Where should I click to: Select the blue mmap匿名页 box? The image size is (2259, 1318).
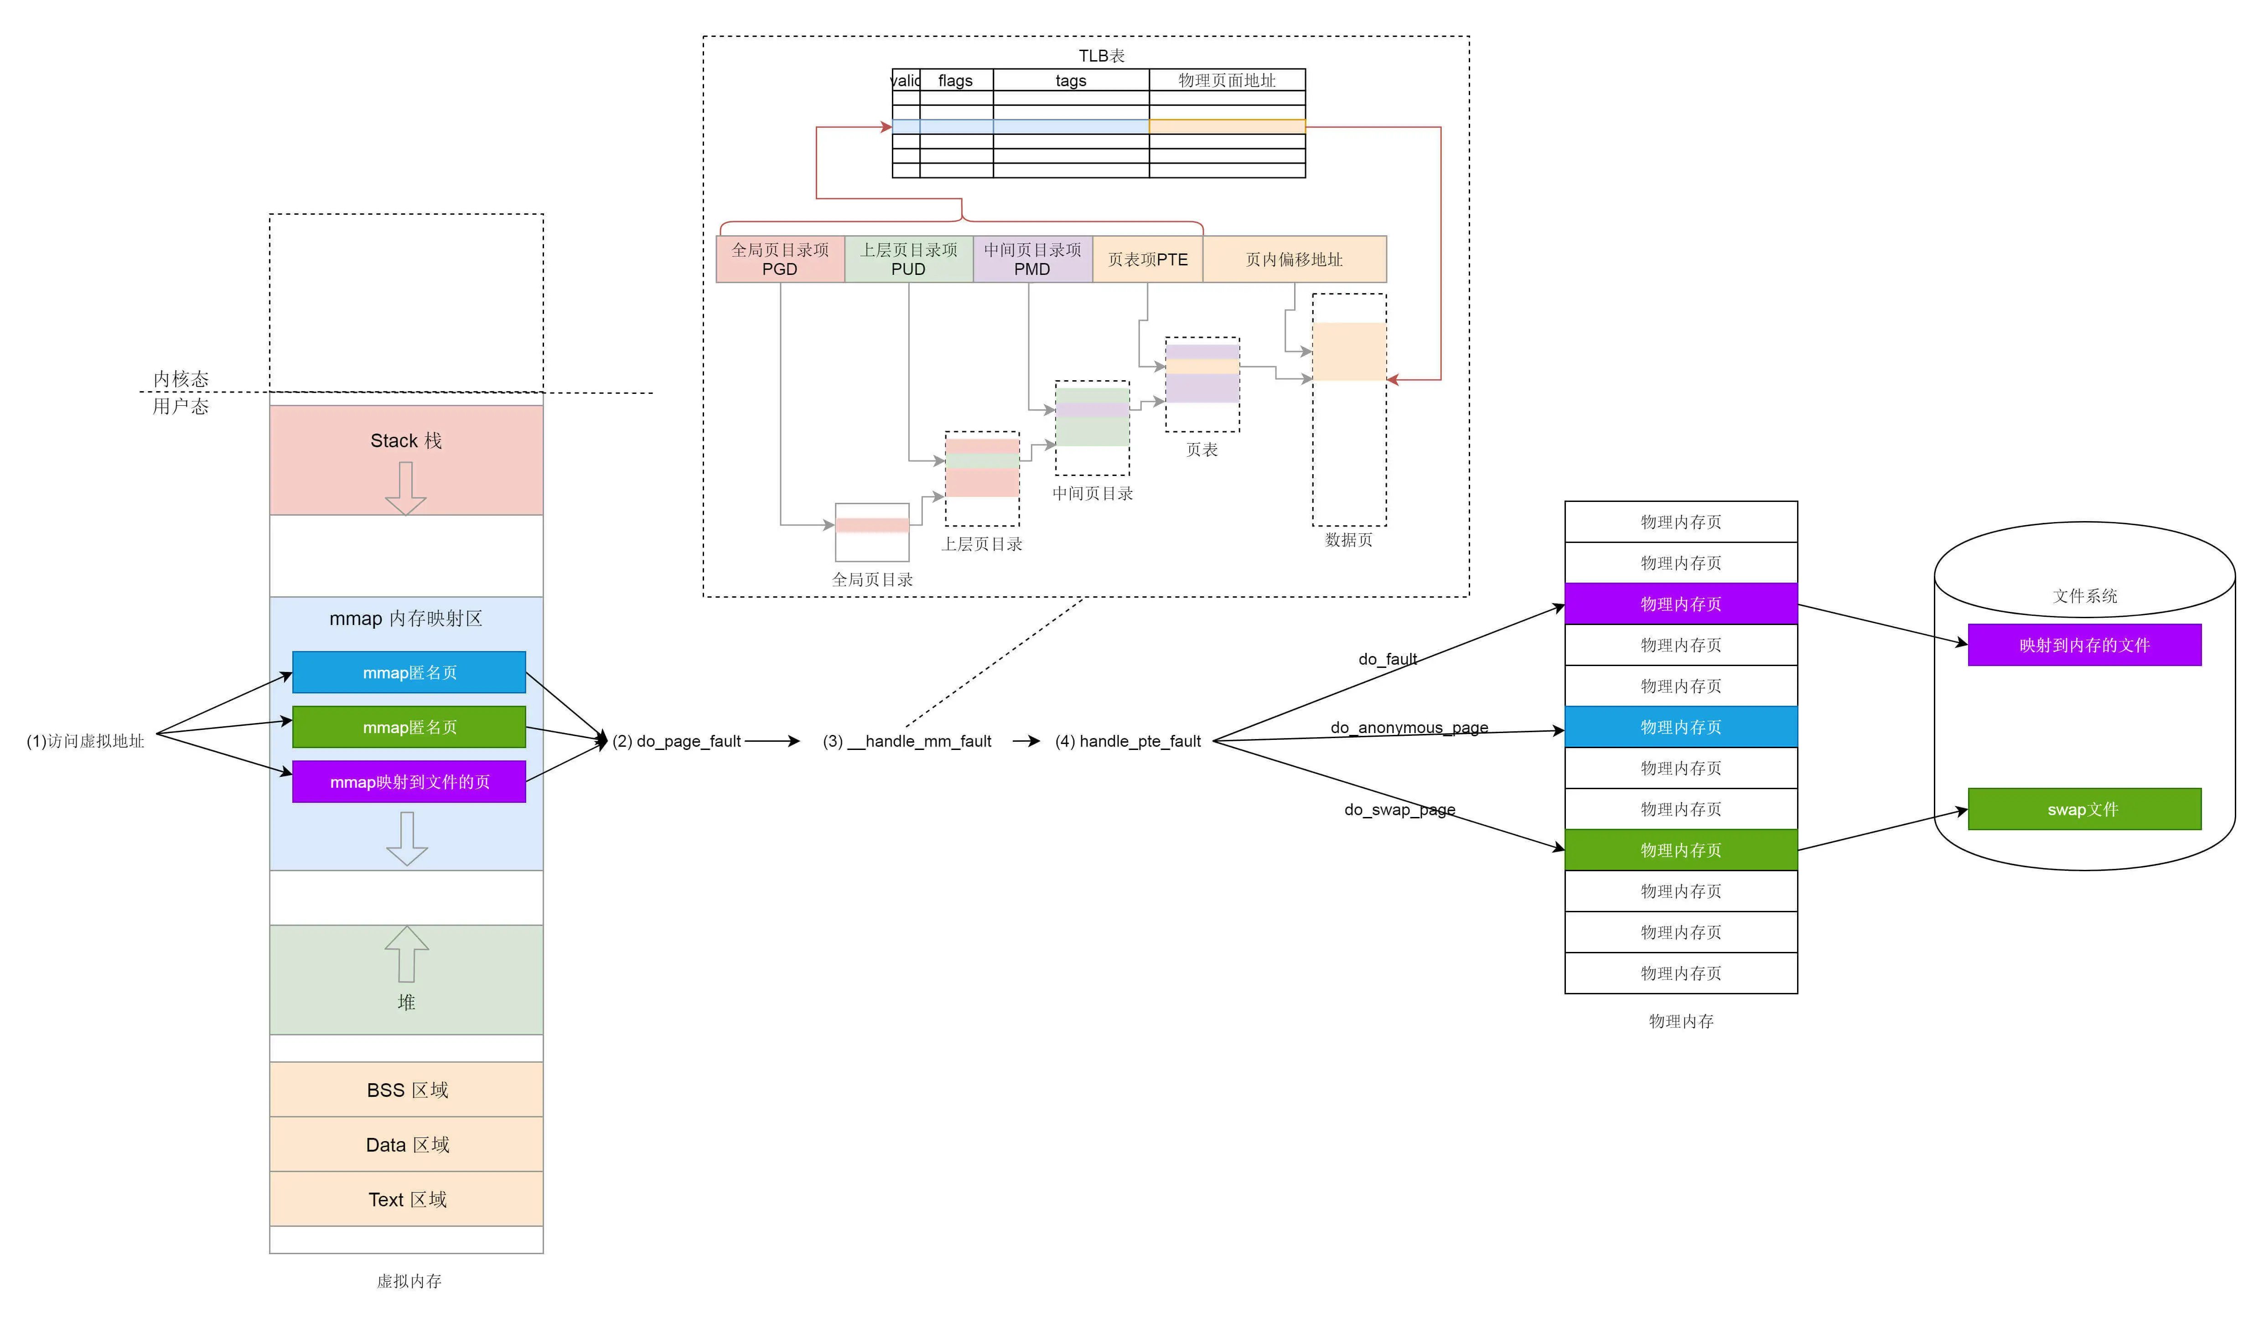pyautogui.click(x=409, y=672)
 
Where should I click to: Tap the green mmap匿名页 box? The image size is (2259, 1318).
pyautogui.click(x=409, y=727)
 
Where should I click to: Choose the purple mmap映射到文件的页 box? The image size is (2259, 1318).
pyautogui.click(x=409, y=781)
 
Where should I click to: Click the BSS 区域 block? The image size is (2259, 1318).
pyautogui.click(x=406, y=1090)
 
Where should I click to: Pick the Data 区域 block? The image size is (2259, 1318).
pyautogui.click(x=406, y=1144)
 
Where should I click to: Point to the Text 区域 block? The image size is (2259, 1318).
pyautogui.click(x=406, y=1199)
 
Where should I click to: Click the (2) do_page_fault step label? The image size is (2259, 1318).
pyautogui.click(x=677, y=741)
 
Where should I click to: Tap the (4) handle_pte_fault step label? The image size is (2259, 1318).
pyautogui.click(x=1128, y=741)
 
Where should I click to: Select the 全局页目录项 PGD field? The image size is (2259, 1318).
pyautogui.click(x=780, y=259)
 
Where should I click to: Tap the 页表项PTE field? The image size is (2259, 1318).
pyautogui.click(x=1147, y=259)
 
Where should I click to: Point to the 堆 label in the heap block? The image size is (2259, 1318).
pyautogui.click(x=406, y=1002)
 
